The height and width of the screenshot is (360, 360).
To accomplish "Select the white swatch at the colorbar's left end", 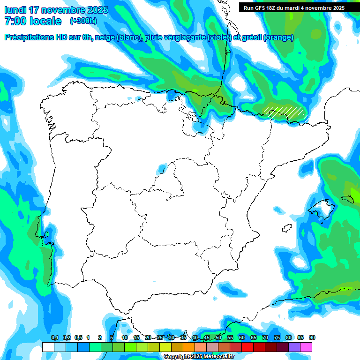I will pyautogui.click(x=48, y=347).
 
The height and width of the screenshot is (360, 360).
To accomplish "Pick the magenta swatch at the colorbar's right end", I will pyautogui.click(x=306, y=347).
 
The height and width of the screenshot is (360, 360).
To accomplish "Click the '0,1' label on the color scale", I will pyautogui.click(x=55, y=337).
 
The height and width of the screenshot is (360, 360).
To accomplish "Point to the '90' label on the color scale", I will pyautogui.click(x=312, y=337).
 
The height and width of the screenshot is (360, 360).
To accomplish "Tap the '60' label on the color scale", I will pyautogui.click(x=242, y=337).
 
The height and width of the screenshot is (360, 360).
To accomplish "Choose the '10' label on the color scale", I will pyautogui.click(x=125, y=337).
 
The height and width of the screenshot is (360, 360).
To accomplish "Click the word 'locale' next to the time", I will pyautogui.click(x=45, y=21).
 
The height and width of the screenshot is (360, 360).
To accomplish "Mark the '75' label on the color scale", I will pyautogui.click(x=277, y=337).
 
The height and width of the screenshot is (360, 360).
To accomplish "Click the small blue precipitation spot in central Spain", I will pyautogui.click(x=161, y=167).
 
